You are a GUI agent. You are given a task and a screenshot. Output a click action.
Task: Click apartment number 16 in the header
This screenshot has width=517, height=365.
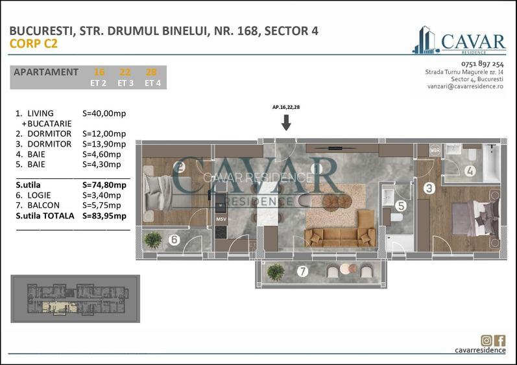[99, 72]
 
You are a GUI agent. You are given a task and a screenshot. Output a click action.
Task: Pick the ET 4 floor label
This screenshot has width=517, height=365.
[153, 83]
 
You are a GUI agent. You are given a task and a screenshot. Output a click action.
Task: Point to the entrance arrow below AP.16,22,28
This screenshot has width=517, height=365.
[285, 123]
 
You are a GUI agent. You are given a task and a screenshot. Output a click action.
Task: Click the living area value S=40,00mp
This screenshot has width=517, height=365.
[104, 113]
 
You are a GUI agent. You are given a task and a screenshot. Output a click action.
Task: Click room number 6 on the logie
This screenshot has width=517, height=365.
[174, 240]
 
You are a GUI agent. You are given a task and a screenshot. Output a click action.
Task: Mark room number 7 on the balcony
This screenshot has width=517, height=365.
[302, 272]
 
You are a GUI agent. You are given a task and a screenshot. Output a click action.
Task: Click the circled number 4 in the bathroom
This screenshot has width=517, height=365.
[469, 172]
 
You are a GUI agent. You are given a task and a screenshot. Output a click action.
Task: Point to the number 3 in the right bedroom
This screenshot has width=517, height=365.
[429, 189]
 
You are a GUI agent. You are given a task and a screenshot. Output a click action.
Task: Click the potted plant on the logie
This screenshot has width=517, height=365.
[153, 239]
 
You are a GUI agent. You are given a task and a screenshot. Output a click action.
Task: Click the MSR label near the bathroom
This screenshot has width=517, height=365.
[434, 150]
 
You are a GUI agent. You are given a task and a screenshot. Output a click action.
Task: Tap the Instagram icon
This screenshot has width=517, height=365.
[487, 340]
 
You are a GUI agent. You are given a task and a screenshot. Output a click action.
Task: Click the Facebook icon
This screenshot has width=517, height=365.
[499, 340]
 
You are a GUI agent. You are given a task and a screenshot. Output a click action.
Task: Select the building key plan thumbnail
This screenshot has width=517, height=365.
[75, 299]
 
